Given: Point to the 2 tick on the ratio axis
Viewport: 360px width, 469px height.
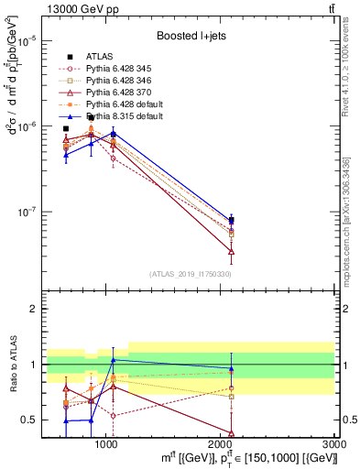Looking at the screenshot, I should tap(32, 309).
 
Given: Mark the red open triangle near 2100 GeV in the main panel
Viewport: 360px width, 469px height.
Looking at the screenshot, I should tap(232, 250).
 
